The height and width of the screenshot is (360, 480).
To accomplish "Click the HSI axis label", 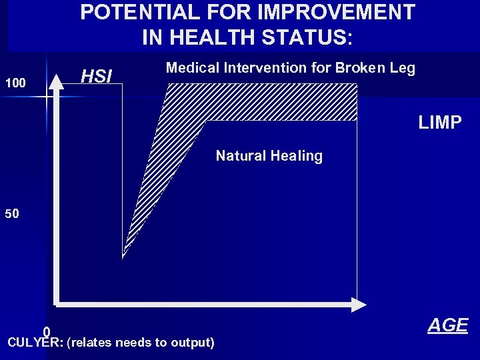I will pos(96,77).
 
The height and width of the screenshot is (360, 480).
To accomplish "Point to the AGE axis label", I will pos(447,325).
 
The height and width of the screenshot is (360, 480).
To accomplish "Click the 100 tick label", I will pos(15,84).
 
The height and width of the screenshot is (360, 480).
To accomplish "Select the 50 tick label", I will pos(12,215).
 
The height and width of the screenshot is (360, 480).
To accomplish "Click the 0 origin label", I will pos(47,331).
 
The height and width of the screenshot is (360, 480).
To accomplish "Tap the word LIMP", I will pos(439,123).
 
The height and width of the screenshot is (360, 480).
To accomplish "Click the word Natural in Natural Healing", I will pos(239,156).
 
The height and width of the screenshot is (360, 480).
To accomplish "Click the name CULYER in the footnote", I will pos(33,343).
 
